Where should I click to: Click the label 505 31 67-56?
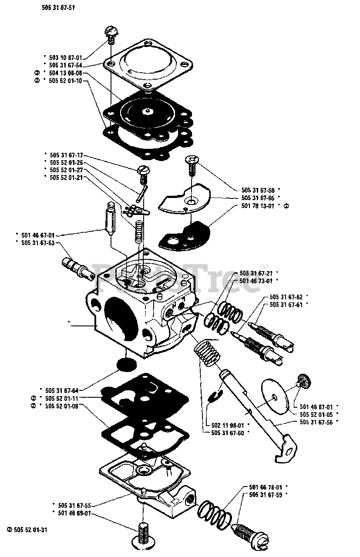317,422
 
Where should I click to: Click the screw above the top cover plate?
111,34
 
